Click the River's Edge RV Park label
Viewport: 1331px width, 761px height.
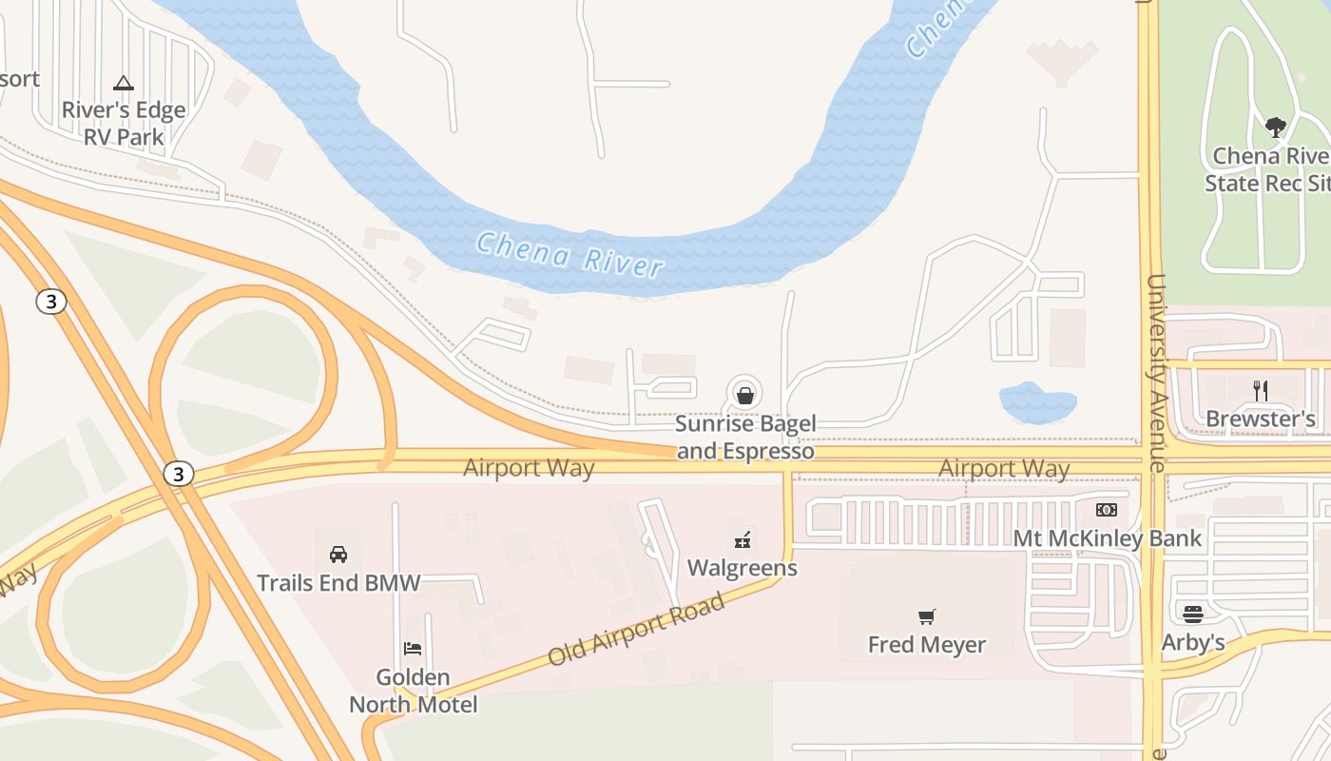[x=124, y=124]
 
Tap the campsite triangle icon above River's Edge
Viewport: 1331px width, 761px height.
[x=124, y=83]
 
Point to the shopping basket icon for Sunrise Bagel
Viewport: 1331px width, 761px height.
[x=745, y=392]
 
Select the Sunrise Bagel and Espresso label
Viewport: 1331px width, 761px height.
[x=745, y=438]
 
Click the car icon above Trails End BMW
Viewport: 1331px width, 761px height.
[x=338, y=554]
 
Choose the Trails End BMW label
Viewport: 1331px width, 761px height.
[x=338, y=582]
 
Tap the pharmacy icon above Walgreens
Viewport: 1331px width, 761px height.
[x=743, y=540]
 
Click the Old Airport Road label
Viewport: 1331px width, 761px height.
[x=636, y=629]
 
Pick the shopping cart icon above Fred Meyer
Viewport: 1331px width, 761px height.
[x=927, y=616]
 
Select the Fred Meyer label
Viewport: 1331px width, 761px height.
[x=927, y=645]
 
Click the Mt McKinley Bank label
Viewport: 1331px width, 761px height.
[x=1108, y=538]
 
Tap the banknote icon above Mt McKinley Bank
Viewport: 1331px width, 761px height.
[x=1107, y=510]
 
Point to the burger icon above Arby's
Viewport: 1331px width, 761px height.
[x=1193, y=614]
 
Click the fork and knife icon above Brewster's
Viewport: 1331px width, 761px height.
[x=1261, y=390]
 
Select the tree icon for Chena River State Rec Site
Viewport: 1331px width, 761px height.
[x=1275, y=127]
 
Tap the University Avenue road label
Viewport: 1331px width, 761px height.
[x=1156, y=373]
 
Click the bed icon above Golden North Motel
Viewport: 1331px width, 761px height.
[x=413, y=649]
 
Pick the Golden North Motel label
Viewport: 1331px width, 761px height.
[x=414, y=692]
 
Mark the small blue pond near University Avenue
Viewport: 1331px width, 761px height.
[x=1037, y=401]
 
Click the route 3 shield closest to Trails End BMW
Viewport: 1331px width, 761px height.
[x=178, y=473]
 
